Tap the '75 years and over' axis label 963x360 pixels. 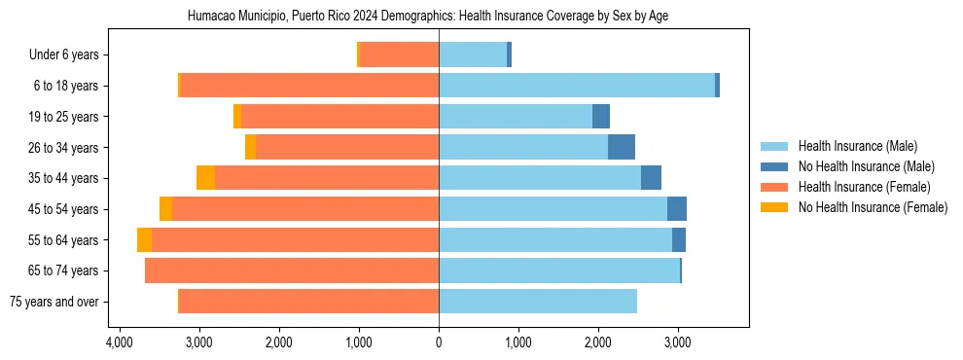point(53,302)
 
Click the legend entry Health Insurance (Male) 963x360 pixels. point(856,146)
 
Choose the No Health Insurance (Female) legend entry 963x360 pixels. point(873,207)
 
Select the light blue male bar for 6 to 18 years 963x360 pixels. point(577,86)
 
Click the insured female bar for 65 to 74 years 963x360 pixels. point(292,270)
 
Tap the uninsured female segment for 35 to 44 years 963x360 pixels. point(205,178)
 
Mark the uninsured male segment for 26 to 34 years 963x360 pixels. point(622,147)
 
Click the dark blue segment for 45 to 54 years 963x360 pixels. point(677,209)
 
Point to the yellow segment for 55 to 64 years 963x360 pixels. point(144,239)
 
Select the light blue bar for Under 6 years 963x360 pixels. point(473,55)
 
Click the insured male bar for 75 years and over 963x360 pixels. point(538,302)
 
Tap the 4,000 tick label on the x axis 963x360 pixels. point(120,342)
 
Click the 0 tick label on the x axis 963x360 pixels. point(439,342)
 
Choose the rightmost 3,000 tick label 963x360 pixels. point(677,342)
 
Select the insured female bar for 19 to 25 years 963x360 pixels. point(339,117)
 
